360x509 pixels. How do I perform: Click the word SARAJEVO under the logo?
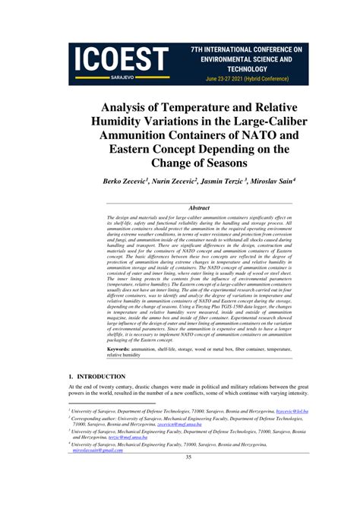click(123, 77)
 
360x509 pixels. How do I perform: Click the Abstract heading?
click(199, 207)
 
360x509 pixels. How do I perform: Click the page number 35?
click(188, 456)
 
